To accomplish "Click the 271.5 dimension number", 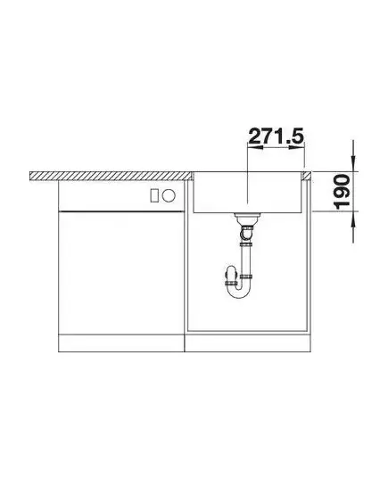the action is pyautogui.click(x=277, y=136).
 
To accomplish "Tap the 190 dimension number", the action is pyautogui.click(x=343, y=192).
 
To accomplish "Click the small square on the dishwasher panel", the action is pyautogui.click(x=155, y=195).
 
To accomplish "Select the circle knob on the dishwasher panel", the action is pyautogui.click(x=169, y=195).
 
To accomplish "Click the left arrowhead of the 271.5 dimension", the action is pyautogui.click(x=255, y=147).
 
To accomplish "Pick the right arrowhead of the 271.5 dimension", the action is pyautogui.click(x=297, y=147).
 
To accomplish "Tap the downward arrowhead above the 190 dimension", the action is pyautogui.click(x=353, y=164).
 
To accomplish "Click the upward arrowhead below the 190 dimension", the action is pyautogui.click(x=353, y=219).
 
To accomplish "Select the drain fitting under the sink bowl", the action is pyautogui.click(x=247, y=219).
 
